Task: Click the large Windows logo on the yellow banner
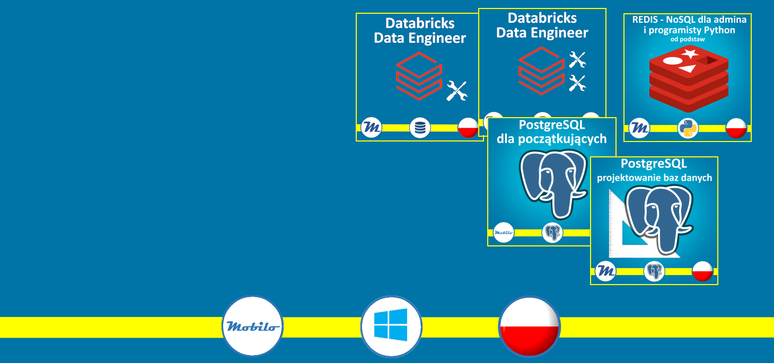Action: coord(391,325)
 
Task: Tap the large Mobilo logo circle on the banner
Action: coord(252,326)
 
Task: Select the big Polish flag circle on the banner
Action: coord(529,326)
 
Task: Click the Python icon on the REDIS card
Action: coord(688,128)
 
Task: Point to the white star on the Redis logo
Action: coord(690,54)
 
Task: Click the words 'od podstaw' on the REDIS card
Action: coord(687,39)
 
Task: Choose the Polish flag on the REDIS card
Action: coord(736,128)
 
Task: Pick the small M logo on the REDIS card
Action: coord(639,128)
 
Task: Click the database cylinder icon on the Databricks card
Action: coord(420,128)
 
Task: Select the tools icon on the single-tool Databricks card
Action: coord(456,91)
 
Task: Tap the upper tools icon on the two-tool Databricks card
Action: coord(577,59)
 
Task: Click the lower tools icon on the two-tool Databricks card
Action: coord(577,83)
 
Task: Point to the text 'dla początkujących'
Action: coord(551,139)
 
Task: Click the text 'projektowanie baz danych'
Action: coord(654,178)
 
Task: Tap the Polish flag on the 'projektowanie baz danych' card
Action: coord(702,271)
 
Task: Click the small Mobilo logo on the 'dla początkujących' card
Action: coord(504,232)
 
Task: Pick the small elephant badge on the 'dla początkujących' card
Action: coord(552,232)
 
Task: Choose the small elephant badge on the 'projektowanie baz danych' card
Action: coord(654,271)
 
